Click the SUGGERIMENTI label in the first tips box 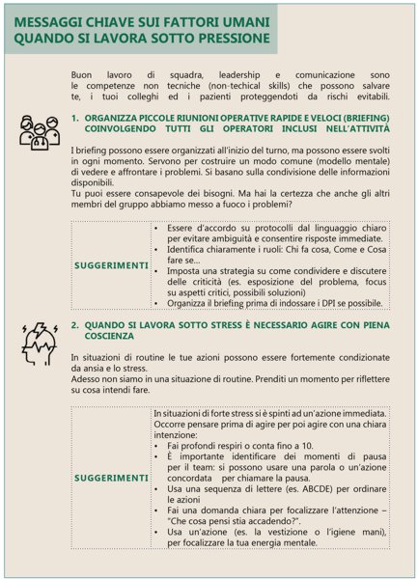coord(111,264)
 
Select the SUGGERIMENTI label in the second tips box coord(111,477)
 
